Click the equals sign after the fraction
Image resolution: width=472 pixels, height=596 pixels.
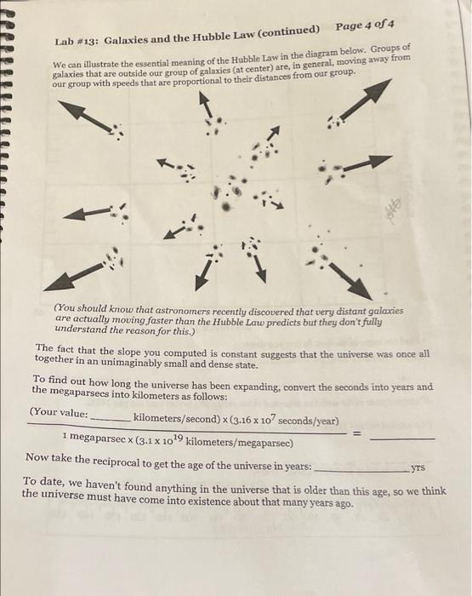point(357,433)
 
